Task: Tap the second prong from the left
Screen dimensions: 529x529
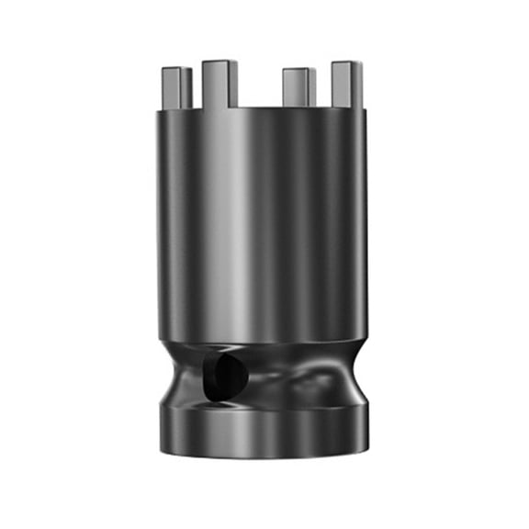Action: pos(220,84)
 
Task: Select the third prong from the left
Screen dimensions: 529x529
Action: pos(298,88)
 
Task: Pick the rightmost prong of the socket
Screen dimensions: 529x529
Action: pos(344,85)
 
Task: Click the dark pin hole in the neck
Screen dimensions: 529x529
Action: pos(222,377)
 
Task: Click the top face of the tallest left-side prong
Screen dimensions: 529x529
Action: pos(220,64)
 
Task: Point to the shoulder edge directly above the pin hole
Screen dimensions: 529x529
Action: pos(222,342)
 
